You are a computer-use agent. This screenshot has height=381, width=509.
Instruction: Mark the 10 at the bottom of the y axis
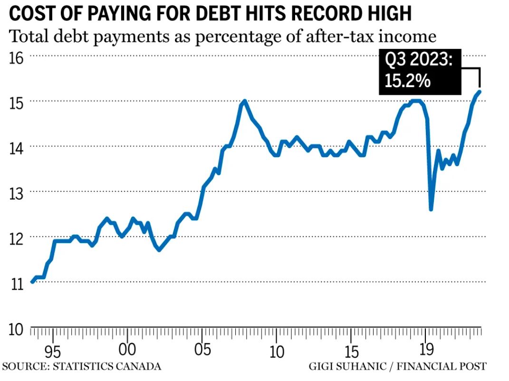tap(16, 328)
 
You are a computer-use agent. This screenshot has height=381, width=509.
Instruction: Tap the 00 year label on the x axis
tap(127, 351)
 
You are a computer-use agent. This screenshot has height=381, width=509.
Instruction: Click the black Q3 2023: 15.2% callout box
tap(420, 71)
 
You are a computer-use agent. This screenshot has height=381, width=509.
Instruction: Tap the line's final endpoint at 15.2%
tap(480, 91)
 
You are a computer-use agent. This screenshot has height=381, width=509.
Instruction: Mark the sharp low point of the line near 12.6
tap(431, 209)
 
